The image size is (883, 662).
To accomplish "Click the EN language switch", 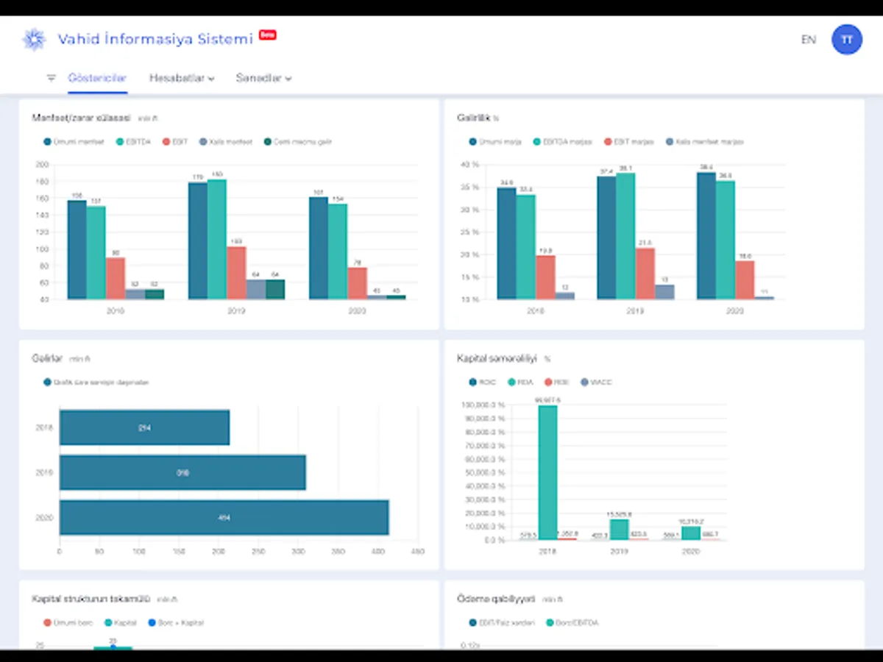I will [808, 40].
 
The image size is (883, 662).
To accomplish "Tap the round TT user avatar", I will [847, 40].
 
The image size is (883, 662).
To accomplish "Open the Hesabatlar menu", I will [181, 78].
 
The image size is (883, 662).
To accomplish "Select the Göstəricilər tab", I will [97, 78].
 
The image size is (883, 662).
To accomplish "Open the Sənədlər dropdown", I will [263, 78].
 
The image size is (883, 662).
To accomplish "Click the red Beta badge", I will [268, 35].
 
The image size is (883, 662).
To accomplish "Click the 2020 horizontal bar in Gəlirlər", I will [224, 518].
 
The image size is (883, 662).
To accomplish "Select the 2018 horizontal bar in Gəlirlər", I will [144, 427].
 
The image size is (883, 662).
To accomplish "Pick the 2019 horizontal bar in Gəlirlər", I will [182, 473].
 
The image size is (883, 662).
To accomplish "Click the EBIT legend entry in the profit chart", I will [175, 142].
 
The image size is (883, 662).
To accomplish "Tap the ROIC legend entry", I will [483, 382].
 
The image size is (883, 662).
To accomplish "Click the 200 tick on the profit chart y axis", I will [41, 165].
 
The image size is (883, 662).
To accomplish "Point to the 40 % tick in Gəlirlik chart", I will [469, 165].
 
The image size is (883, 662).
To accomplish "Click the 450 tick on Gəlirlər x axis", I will [418, 550].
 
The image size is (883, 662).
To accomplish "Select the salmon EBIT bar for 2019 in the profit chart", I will [235, 273].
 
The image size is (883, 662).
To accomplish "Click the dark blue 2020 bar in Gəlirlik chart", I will [706, 235].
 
